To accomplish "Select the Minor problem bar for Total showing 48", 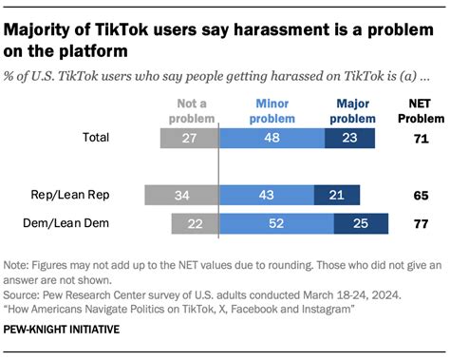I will pyautogui.click(x=272, y=138).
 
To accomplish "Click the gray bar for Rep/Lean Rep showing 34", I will pyautogui.click(x=181, y=197).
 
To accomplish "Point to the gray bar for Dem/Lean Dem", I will pyautogui.click(x=195, y=224).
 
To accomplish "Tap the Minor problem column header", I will pyautogui.click(x=272, y=108).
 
